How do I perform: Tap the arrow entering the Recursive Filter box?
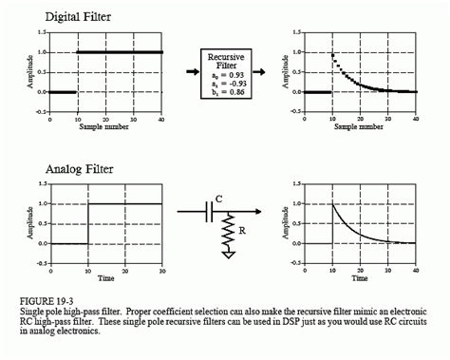183,72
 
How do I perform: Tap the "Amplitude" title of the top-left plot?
31,72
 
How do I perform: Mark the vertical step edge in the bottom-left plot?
87,223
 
